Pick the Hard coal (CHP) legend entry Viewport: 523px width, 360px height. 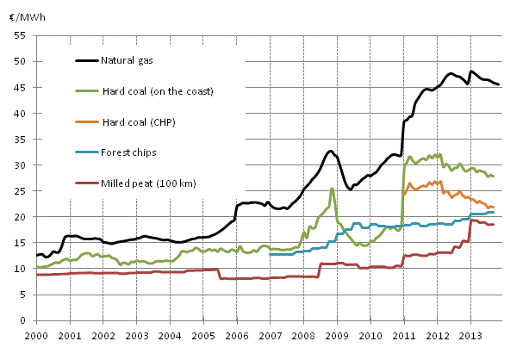(x=128, y=121)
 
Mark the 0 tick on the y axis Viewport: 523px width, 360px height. (x=25, y=320)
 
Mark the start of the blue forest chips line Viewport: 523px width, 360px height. (x=270, y=254)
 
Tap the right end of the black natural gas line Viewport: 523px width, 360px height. (x=500, y=84)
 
